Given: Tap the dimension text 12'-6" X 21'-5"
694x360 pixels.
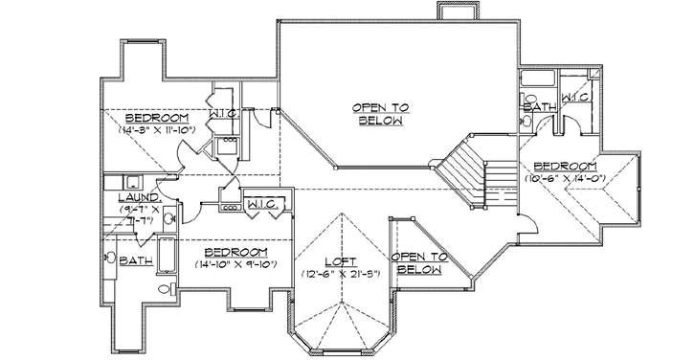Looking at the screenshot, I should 339,274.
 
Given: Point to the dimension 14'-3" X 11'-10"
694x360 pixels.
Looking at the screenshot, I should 158,128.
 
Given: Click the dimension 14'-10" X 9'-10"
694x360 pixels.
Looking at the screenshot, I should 235,264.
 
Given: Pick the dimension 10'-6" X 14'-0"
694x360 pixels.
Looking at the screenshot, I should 561,178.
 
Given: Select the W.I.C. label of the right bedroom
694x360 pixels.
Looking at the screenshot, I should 574,97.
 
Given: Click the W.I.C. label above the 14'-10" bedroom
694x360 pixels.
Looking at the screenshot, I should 261,203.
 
